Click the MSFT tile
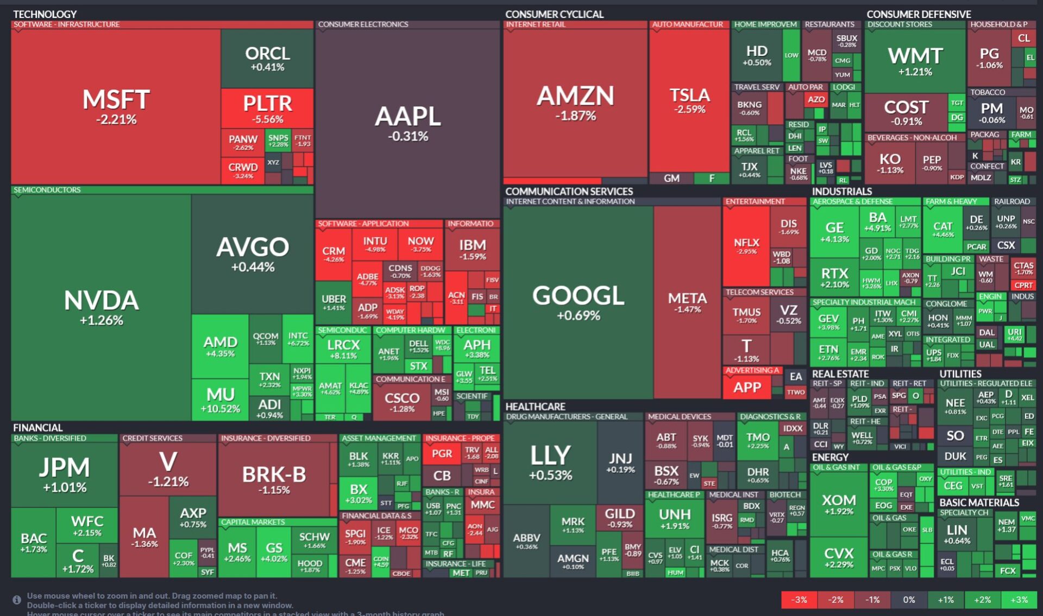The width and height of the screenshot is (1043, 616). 116,106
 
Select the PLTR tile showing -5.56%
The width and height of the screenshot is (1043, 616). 267,109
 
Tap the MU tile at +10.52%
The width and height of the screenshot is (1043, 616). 220,399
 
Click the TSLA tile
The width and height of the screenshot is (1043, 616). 689,100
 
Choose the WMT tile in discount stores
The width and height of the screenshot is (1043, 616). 915,61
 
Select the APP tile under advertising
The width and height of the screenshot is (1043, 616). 747,387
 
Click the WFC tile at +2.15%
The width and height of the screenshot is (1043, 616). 87,525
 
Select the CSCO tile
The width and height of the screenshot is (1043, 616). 402,401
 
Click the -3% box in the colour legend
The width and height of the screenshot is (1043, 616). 799,600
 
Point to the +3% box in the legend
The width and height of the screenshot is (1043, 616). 1019,600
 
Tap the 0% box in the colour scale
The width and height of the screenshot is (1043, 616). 909,600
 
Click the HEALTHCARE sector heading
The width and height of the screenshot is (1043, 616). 535,407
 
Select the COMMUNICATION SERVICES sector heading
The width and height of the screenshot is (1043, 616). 569,192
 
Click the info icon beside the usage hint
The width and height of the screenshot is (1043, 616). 17,600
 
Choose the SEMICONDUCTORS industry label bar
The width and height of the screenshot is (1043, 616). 47,190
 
